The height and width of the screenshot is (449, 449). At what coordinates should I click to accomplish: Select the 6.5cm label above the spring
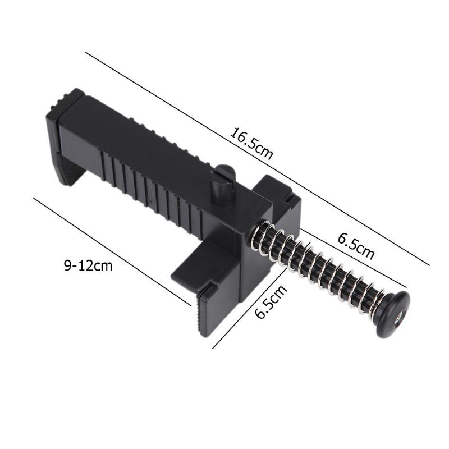click(355, 245)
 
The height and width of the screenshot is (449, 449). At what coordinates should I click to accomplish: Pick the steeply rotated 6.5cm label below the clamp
click(271, 301)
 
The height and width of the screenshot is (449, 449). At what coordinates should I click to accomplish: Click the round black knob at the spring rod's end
click(393, 316)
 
